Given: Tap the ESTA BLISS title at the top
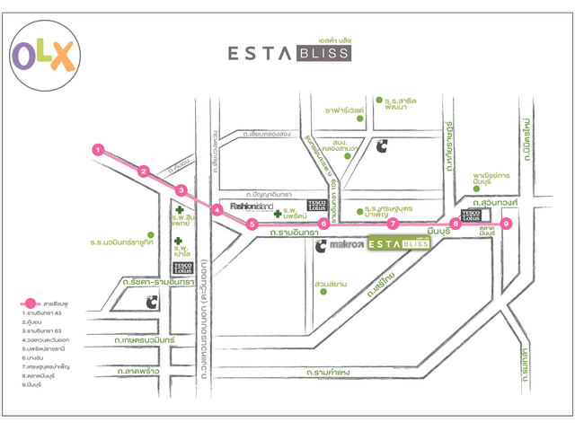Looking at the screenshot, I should click(289, 53).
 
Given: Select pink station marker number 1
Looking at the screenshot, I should click(98, 149).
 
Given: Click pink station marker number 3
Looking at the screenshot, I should click(181, 190).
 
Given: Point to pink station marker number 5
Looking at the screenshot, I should click(253, 224).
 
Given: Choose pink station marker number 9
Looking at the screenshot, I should click(507, 224).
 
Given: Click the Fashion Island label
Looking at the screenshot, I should click(244, 207).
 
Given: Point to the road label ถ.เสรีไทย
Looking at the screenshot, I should click(379, 284).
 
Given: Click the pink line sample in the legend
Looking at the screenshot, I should click(31, 303).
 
